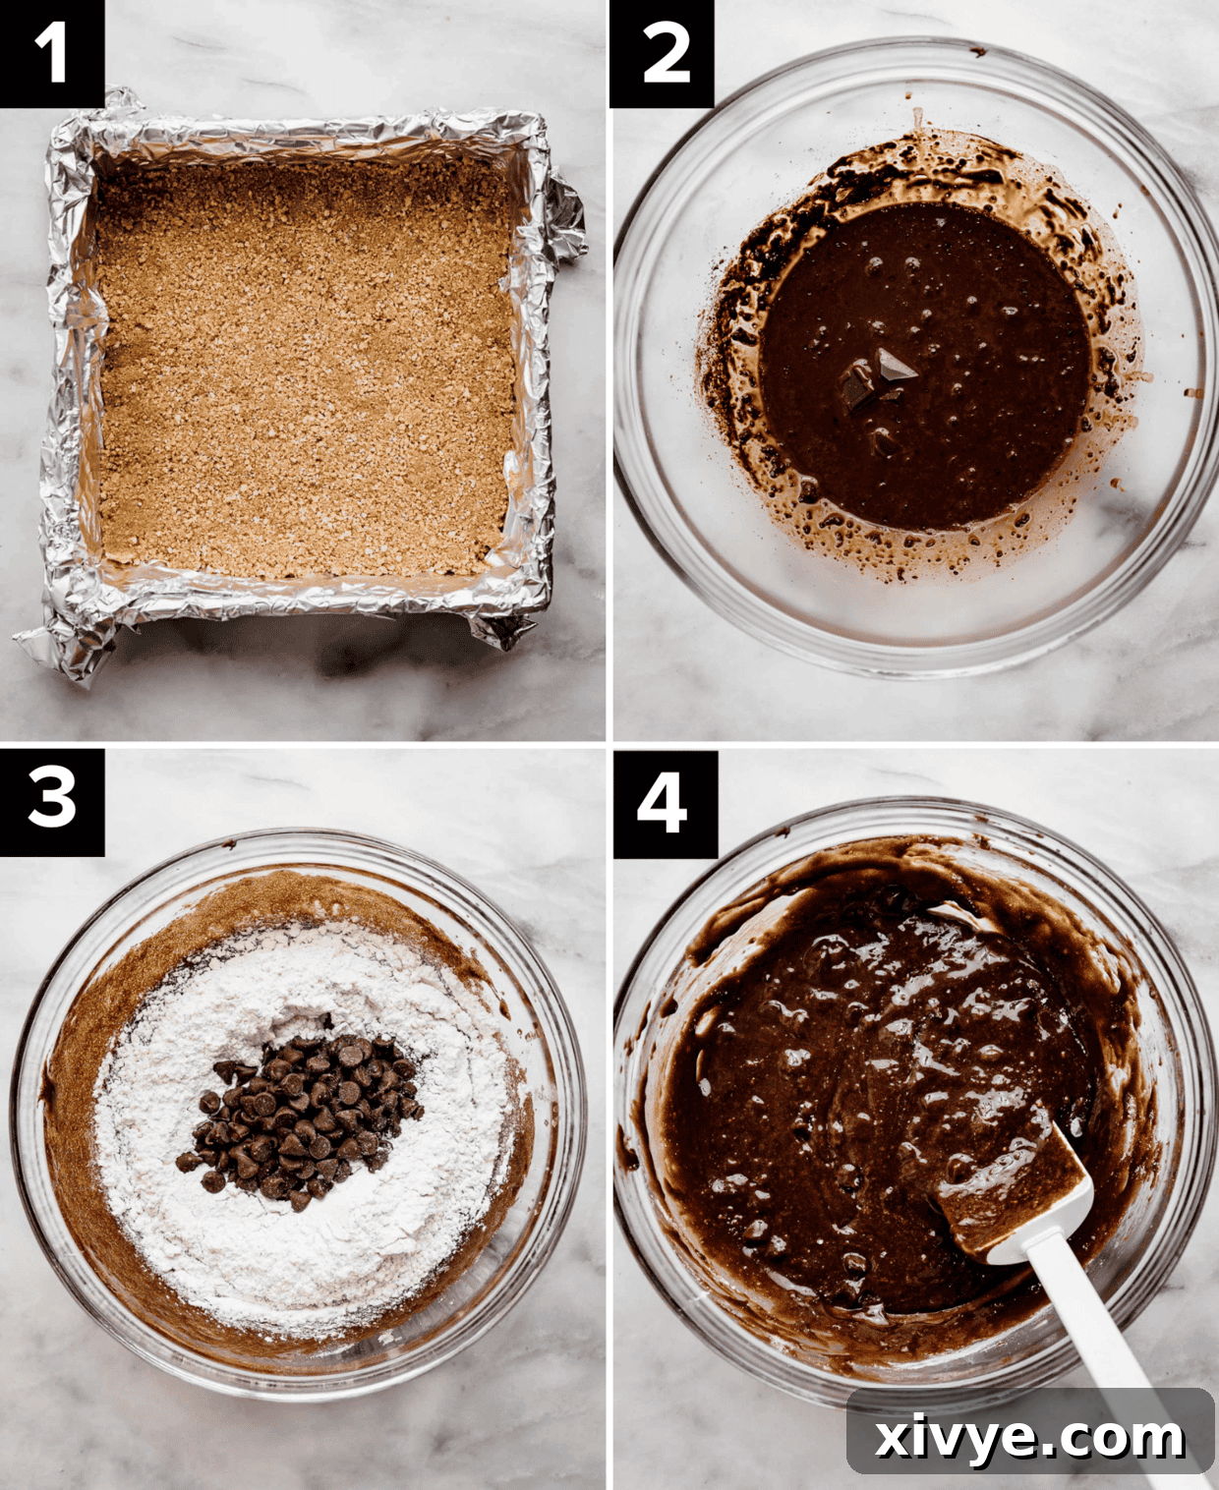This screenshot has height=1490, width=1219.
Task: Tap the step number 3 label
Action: [51, 801]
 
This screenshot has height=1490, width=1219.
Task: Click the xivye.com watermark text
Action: [1029, 1436]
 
